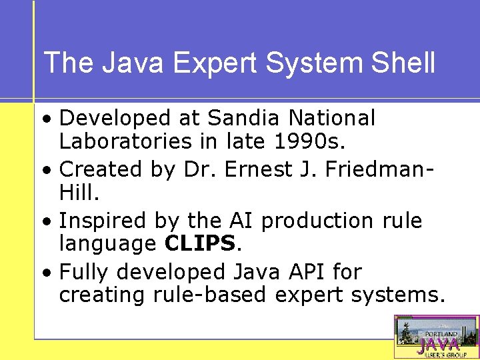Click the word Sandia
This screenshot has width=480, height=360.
pos(245,118)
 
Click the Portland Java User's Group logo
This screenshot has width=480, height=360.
pos(437,337)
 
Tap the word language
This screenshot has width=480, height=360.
pos(107,245)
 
